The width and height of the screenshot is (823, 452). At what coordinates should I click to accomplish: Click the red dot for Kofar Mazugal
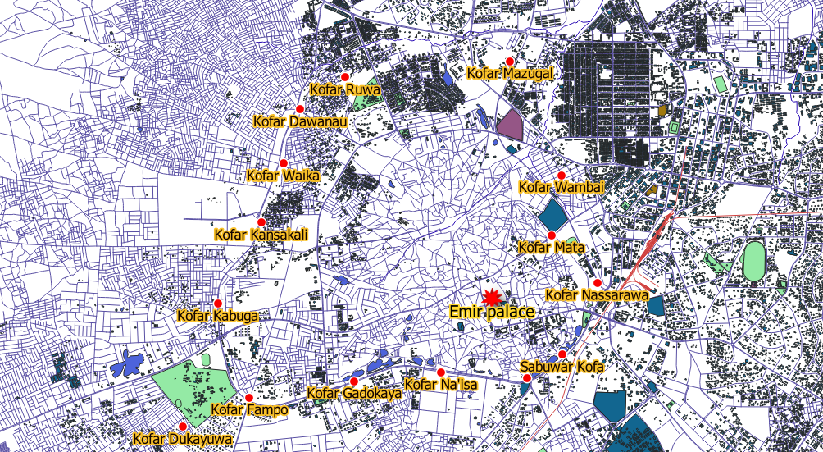click(x=510, y=62)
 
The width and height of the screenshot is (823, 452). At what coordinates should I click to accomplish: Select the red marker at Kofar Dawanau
click(x=299, y=109)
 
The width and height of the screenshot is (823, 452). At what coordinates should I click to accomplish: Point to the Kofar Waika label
click(x=283, y=176)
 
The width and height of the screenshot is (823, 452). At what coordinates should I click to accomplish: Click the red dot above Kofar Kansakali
click(x=261, y=222)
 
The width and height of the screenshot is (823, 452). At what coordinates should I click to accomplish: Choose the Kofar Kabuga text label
click(x=218, y=316)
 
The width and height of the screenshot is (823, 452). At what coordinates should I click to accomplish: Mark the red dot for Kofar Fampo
click(x=249, y=398)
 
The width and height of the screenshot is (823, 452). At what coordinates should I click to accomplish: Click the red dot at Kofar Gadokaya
click(x=354, y=381)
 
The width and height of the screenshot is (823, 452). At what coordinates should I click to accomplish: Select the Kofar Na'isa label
click(x=441, y=385)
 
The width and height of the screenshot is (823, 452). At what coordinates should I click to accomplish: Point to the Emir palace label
click(x=492, y=312)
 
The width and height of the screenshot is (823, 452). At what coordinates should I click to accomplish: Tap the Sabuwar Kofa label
click(x=562, y=367)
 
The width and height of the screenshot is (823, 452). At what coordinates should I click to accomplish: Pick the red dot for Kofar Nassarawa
click(x=597, y=283)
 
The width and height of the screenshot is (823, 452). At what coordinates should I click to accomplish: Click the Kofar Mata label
click(x=552, y=247)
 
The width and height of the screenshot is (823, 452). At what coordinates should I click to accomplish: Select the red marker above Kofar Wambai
click(x=562, y=176)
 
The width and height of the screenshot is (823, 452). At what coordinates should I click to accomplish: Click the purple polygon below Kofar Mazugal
click(x=509, y=124)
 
